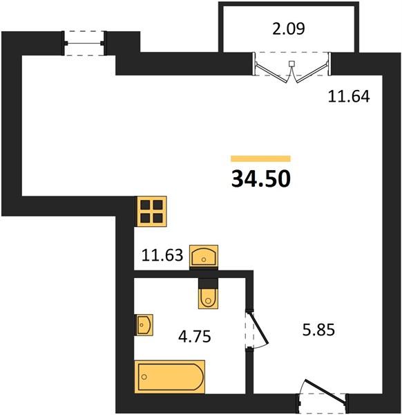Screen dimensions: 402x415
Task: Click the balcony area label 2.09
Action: point(289,28)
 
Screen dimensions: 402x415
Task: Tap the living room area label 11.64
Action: point(349,96)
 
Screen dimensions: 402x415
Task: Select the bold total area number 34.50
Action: point(261,178)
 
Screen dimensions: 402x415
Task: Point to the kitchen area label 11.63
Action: point(162,255)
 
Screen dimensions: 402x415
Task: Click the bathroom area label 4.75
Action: point(195,337)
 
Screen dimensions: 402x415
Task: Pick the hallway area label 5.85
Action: point(318,330)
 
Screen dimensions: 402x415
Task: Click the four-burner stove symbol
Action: point(151,211)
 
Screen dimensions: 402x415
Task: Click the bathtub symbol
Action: point(170,376)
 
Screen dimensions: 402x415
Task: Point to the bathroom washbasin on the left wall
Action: point(144,325)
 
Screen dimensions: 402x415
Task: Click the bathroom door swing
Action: point(258,329)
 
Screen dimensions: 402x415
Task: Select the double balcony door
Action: point(291,68)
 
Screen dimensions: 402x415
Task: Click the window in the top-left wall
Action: point(84,43)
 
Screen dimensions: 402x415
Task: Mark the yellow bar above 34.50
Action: point(260,158)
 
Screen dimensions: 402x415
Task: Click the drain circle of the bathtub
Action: point(144,377)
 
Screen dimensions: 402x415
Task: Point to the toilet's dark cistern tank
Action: point(209,283)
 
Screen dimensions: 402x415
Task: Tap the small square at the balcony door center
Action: point(291,63)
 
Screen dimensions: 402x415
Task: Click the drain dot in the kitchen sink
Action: point(204,259)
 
